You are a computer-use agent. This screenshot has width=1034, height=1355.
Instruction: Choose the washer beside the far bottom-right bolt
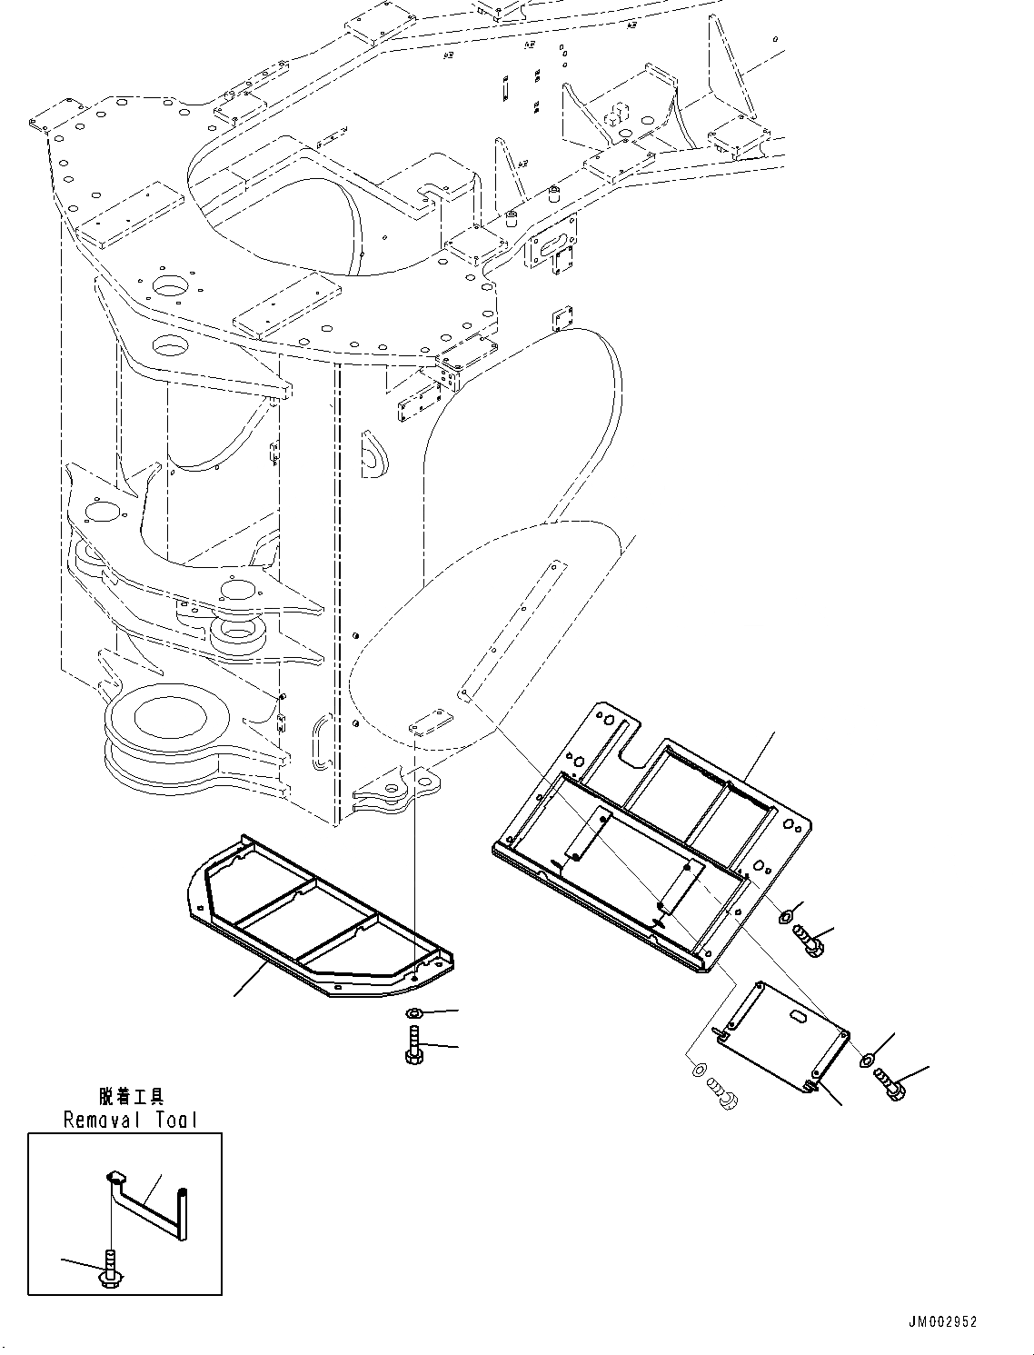coord(867,1058)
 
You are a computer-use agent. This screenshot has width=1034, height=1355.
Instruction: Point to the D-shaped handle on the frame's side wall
coord(373,454)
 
